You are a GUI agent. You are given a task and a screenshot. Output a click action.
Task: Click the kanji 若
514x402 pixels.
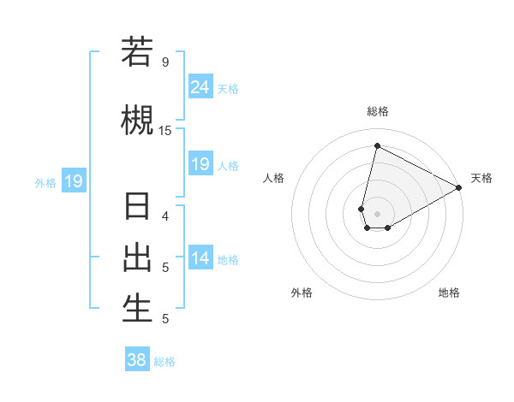pyautogui.click(x=137, y=52)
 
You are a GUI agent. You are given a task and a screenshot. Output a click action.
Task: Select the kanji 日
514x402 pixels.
pyautogui.click(x=137, y=208)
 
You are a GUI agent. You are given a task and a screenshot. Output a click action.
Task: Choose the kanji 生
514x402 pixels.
pyautogui.click(x=137, y=308)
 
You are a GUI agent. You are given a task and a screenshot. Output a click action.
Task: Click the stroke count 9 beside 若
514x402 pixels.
pyautogui.click(x=164, y=62)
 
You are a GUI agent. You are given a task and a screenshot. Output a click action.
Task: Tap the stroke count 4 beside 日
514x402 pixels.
pyautogui.click(x=164, y=216)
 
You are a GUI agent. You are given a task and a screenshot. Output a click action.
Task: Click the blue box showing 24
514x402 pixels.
pyautogui.click(x=200, y=86)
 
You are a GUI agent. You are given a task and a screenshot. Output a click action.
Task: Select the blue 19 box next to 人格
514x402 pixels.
pyautogui.click(x=200, y=164)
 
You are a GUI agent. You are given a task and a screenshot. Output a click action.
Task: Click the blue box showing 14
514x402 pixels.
pyautogui.click(x=200, y=258)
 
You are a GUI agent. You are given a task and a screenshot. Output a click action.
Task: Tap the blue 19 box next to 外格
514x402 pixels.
pyautogui.click(x=73, y=180)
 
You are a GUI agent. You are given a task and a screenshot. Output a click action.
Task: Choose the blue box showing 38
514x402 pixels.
pyautogui.click(x=137, y=360)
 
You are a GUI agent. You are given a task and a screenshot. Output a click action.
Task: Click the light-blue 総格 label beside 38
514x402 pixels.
pyautogui.click(x=164, y=362)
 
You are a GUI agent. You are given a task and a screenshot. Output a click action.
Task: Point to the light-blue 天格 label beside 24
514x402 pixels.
pyautogui.click(x=228, y=88)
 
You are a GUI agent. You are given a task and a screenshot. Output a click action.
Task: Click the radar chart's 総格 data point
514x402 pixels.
pyautogui.click(x=377, y=145)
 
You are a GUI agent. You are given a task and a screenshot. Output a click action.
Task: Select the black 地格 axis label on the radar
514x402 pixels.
pyautogui.click(x=449, y=293)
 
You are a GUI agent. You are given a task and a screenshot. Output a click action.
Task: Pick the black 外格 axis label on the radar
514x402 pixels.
pyautogui.click(x=302, y=293)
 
